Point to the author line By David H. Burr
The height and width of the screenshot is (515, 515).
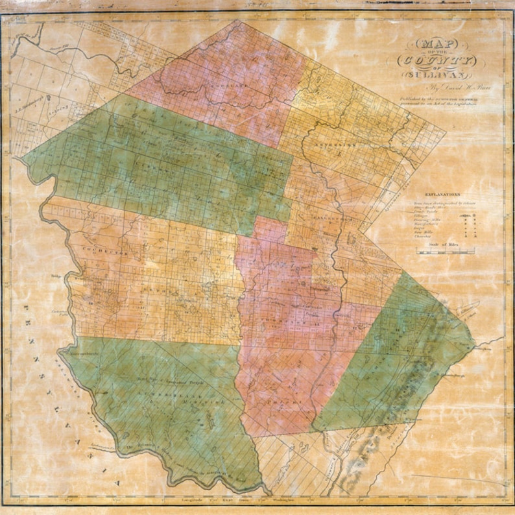pyautogui.click(x=431, y=86)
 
